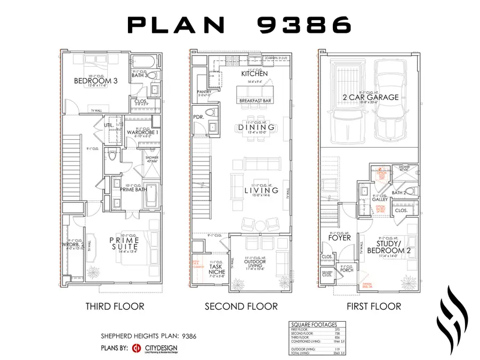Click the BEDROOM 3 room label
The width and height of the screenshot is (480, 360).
coord(92,81)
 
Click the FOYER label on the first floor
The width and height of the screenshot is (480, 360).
coord(339,237)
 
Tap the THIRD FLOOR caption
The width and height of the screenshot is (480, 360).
coord(115,306)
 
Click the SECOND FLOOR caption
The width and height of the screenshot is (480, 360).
coord(241,306)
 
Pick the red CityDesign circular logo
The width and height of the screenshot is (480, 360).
coord(136,349)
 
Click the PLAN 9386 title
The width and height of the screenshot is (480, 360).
coord(239,25)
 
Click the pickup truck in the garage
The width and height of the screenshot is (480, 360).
coord(346,107)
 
